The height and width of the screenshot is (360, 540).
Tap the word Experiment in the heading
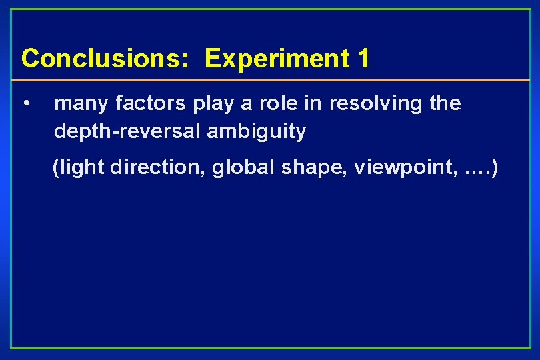pyautogui.click(x=276, y=59)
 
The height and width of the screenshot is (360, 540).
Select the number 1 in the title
pyautogui.click(x=363, y=59)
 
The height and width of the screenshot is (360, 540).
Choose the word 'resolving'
pyautogui.click(x=377, y=104)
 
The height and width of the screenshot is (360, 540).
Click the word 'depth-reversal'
pyautogui.click(x=127, y=131)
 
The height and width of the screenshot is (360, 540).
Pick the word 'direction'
pyautogui.click(x=158, y=167)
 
